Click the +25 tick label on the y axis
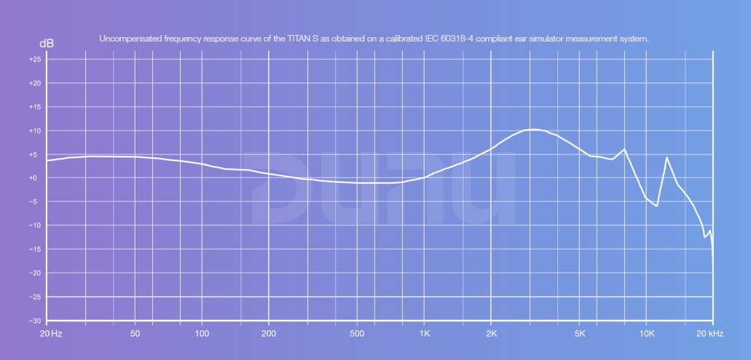[x=35, y=60]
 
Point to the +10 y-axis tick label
[x=35, y=131]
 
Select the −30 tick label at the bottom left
[x=35, y=321]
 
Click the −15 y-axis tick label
[x=35, y=249]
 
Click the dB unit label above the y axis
[x=46, y=44]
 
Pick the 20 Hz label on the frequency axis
[x=51, y=334]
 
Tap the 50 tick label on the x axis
[x=135, y=334]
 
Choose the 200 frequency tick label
[x=269, y=334]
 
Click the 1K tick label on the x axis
[x=425, y=334]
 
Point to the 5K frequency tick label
[x=580, y=334]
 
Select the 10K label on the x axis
[x=647, y=334]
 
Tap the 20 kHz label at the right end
[x=709, y=334]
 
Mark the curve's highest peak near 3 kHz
[x=534, y=129]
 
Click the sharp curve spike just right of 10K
[x=667, y=157]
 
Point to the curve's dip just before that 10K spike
[x=657, y=206]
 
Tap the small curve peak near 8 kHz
[x=624, y=149]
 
